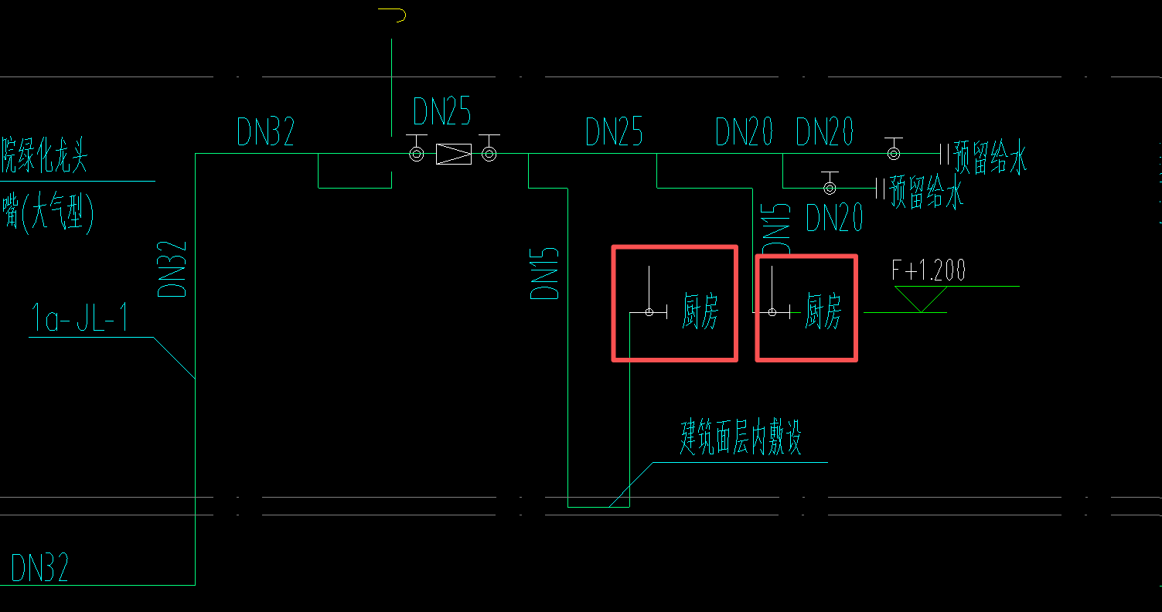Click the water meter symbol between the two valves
click(x=454, y=155)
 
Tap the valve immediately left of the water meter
click(x=416, y=155)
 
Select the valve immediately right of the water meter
click(x=489, y=155)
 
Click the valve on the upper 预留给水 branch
click(x=893, y=153)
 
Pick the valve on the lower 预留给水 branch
click(x=830, y=187)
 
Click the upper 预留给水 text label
click(x=990, y=158)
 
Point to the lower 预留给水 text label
click(x=926, y=192)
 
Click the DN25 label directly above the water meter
click(x=441, y=112)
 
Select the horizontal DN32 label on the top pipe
click(x=266, y=133)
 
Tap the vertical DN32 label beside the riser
click(x=172, y=269)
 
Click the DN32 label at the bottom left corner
click(x=39, y=568)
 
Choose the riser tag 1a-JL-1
click(x=79, y=318)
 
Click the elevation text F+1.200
click(x=929, y=270)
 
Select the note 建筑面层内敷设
click(x=740, y=438)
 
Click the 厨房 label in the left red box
click(x=700, y=312)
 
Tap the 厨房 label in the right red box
click(x=823, y=311)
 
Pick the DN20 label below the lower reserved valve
click(x=834, y=219)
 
